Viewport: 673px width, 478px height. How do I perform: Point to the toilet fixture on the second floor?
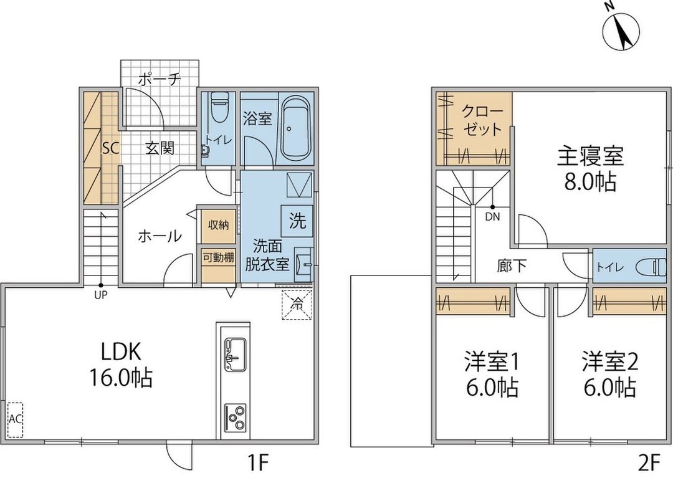click(651, 267)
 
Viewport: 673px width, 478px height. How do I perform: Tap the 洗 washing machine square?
click(298, 220)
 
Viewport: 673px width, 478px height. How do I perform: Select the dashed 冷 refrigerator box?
click(297, 305)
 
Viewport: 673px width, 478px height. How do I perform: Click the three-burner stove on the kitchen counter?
click(235, 417)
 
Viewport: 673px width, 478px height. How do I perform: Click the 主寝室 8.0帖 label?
click(590, 168)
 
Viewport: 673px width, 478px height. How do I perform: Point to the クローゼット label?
click(482, 121)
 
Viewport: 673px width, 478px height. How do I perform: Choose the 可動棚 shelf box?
click(217, 257)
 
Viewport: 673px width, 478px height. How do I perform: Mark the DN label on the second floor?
click(492, 217)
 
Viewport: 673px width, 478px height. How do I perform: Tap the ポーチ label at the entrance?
click(159, 79)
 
